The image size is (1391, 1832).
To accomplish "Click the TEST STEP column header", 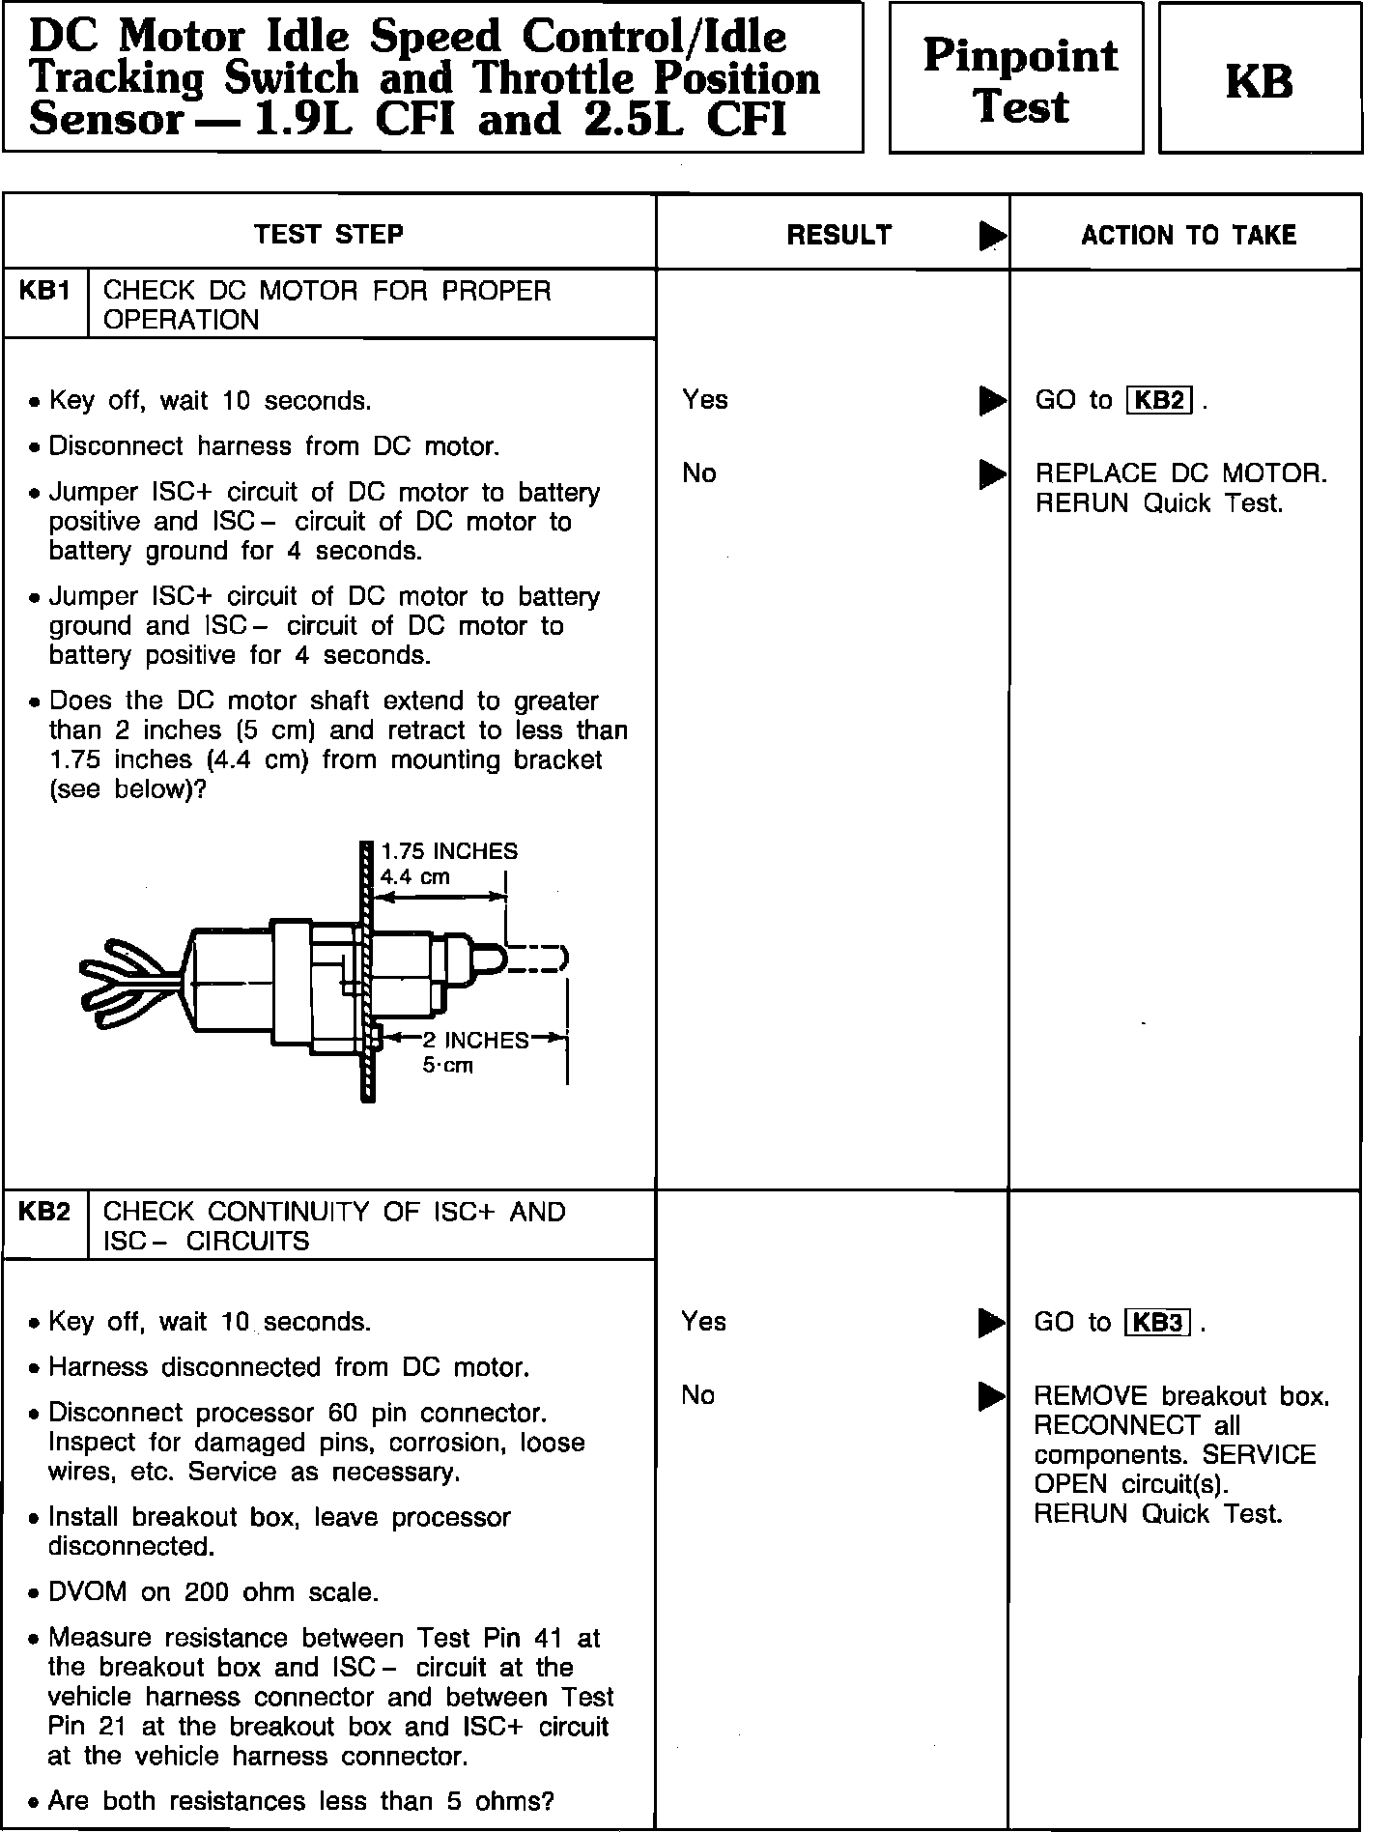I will [x=328, y=234].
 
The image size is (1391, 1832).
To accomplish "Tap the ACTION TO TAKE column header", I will [x=1188, y=235].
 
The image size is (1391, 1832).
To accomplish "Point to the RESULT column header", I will [x=838, y=235].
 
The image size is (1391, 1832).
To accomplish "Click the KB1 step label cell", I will [x=44, y=291].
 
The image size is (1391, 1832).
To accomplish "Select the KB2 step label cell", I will [x=44, y=1212].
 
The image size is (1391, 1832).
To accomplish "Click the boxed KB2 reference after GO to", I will [x=1159, y=400].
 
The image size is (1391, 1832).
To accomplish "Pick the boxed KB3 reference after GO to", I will [x=1158, y=1322].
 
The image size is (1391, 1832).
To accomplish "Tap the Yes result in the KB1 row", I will [x=705, y=399].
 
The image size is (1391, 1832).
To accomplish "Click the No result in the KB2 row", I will [x=698, y=1394].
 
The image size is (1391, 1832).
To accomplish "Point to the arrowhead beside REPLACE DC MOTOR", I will [x=991, y=473].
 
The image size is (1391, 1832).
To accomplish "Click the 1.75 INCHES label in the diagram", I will [x=449, y=851].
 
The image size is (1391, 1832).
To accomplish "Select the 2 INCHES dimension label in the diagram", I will [x=475, y=1040].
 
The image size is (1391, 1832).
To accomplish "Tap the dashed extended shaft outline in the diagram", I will [x=536, y=959].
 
